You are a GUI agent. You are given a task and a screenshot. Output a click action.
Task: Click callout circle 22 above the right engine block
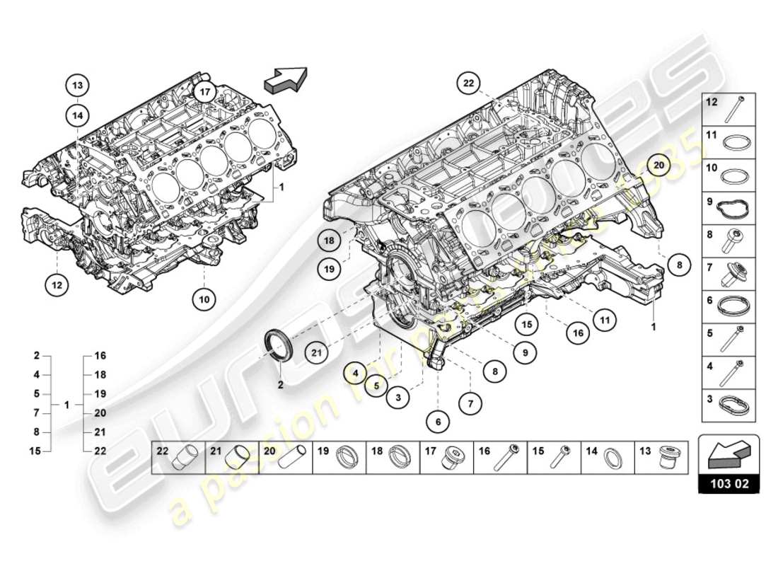[468, 83]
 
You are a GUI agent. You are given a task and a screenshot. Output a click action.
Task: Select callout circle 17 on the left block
[204, 92]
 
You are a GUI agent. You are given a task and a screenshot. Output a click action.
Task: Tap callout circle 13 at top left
[78, 86]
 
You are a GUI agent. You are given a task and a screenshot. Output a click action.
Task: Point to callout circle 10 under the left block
[204, 299]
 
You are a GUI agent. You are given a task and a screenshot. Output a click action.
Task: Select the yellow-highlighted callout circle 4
[357, 370]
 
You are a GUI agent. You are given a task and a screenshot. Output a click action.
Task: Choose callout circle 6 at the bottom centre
[438, 422]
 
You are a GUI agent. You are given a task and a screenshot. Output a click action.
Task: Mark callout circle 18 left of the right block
[330, 241]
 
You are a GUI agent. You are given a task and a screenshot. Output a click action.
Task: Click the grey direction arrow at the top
[286, 79]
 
